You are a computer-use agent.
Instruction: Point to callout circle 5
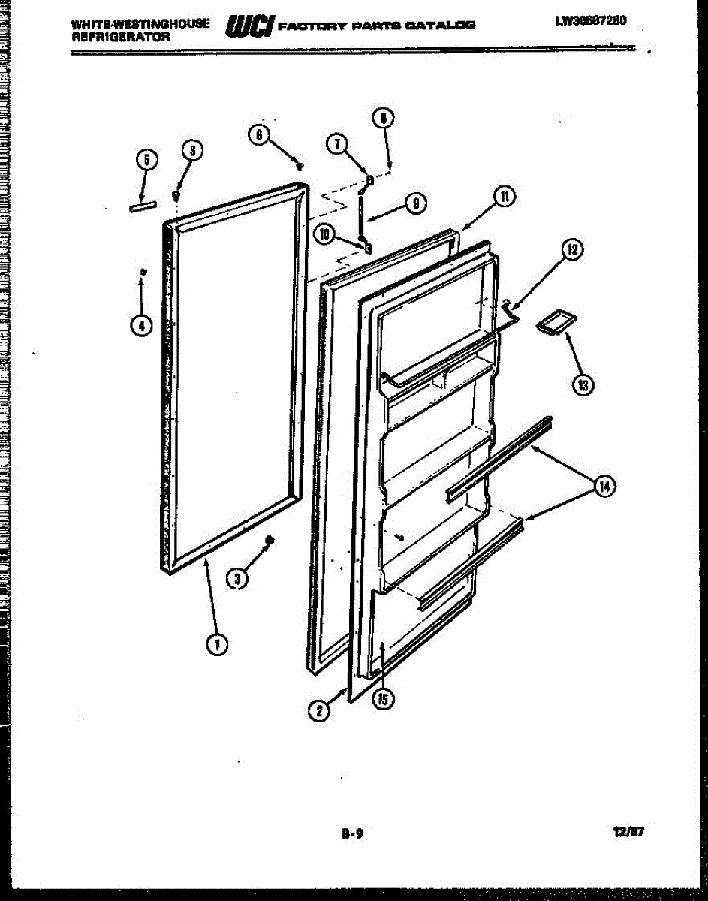tap(147, 160)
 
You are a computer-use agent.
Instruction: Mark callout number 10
tap(324, 234)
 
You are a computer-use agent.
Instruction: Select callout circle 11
tap(504, 197)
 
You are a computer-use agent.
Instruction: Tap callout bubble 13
tap(583, 384)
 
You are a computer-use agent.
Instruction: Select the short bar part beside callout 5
tap(142, 207)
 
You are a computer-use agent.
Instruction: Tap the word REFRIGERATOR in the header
tap(110, 35)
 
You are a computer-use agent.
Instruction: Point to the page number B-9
tap(352, 833)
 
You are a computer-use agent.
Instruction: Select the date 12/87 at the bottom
tap(629, 832)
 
